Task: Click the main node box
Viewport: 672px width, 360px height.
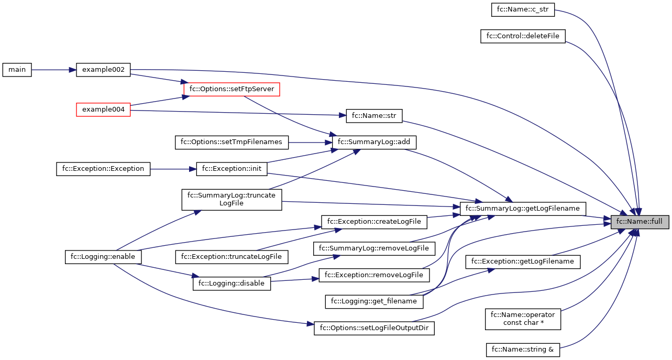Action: (x=17, y=70)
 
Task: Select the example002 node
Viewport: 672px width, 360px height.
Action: (x=103, y=70)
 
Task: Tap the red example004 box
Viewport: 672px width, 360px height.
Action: (x=103, y=110)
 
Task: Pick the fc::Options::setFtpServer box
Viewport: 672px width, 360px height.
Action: (x=232, y=89)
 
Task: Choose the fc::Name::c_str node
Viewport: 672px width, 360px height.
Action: (x=522, y=9)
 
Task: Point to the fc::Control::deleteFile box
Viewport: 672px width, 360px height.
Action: (x=523, y=36)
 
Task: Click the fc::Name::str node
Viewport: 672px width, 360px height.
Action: (x=374, y=116)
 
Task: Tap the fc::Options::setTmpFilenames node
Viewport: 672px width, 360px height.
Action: (x=232, y=142)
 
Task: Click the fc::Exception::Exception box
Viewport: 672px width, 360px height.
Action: (x=103, y=169)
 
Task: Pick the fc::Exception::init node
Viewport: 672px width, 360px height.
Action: (x=232, y=169)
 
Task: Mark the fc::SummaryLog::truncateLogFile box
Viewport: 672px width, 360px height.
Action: (x=232, y=200)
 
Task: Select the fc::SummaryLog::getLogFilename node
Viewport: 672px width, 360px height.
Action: (x=522, y=209)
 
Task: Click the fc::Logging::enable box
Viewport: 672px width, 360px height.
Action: (x=103, y=257)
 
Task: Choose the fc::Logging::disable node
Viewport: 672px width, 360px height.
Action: (x=232, y=283)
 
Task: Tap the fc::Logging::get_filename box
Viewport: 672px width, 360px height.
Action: (x=374, y=301)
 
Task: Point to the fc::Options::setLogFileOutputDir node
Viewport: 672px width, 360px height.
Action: (x=374, y=329)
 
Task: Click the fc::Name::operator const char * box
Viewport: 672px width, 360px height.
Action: (x=523, y=319)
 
